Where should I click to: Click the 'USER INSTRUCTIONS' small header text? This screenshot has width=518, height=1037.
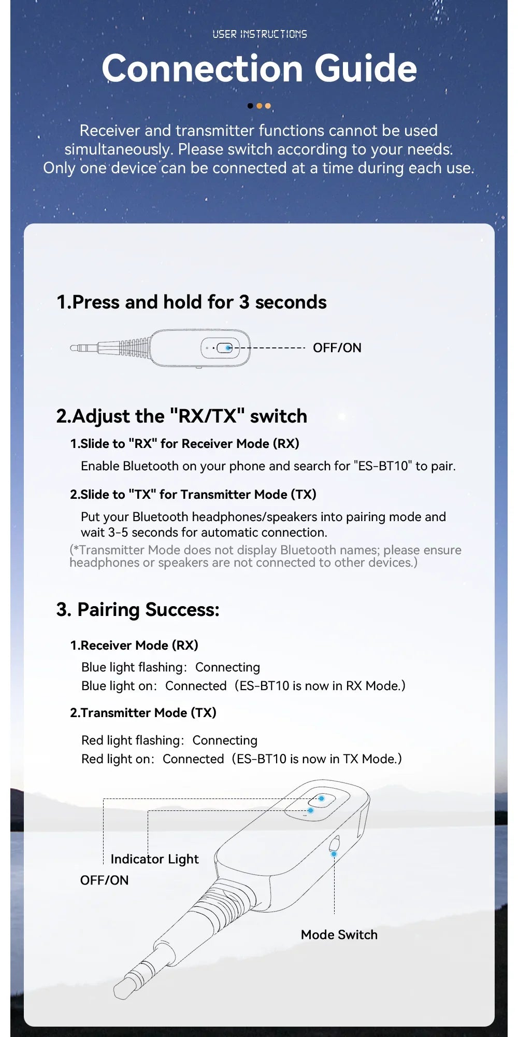[260, 34]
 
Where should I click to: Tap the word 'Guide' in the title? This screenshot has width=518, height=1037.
[365, 68]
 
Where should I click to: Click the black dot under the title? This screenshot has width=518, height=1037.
[251, 106]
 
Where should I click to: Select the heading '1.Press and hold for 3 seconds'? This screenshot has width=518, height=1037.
[191, 302]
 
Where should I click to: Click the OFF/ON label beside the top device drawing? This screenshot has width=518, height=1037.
[337, 348]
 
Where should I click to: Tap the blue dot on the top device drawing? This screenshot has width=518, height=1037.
[228, 348]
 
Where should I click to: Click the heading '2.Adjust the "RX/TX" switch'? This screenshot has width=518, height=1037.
[181, 416]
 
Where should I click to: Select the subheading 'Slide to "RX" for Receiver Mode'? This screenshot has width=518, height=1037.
[184, 444]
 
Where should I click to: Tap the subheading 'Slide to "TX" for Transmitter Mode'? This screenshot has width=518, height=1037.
[193, 495]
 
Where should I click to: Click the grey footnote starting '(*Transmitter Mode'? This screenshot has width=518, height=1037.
[264, 556]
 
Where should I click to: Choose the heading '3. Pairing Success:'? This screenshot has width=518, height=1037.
[138, 610]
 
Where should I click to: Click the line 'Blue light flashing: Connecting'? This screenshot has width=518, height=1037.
[170, 667]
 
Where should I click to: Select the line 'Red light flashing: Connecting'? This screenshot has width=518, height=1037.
[169, 740]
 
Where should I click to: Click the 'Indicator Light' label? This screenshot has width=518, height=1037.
[154, 859]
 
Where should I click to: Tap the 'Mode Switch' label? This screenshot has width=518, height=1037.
[339, 935]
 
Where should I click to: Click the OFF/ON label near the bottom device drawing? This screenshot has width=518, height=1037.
[104, 880]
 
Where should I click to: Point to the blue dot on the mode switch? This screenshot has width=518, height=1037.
[334, 853]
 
